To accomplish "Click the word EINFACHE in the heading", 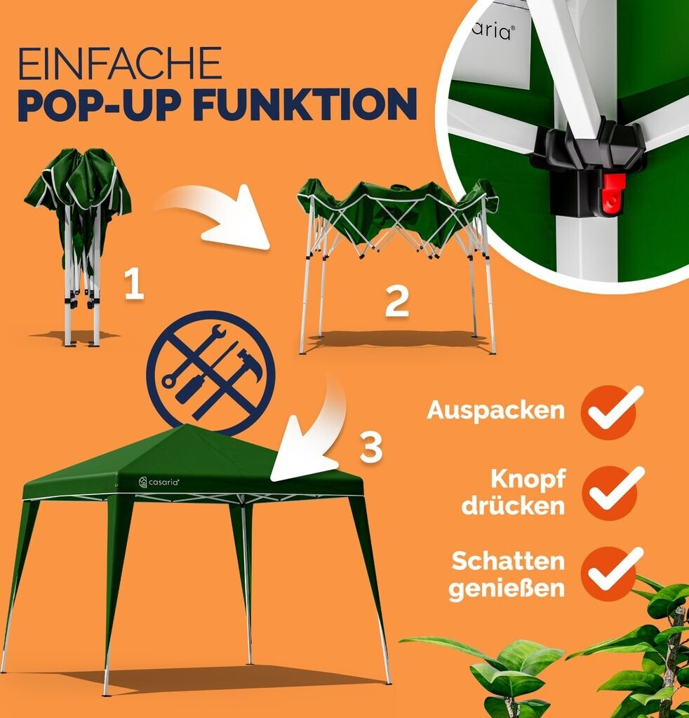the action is pos(120,63).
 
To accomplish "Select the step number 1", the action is pos(134,284).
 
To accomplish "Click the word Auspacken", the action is pos(495,409).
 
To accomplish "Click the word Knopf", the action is pos(528,479).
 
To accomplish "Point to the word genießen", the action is pos(507,588).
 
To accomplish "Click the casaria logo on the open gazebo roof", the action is pos(159,482).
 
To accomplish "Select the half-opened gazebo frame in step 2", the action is pos(396,266).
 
